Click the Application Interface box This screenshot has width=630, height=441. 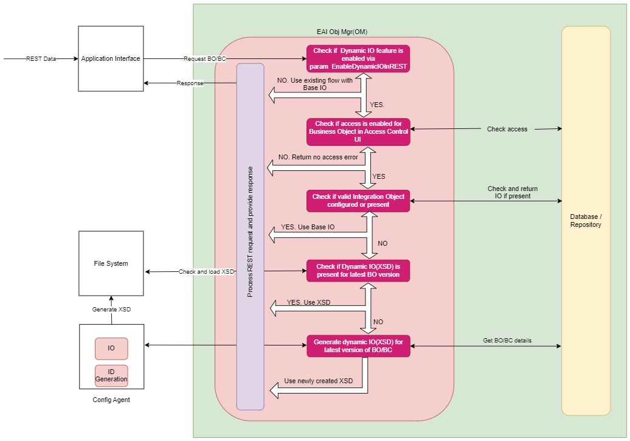click(x=111, y=58)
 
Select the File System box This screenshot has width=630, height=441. click(x=111, y=263)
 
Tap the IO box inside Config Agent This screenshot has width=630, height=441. click(x=111, y=349)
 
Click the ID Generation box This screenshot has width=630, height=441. click(x=111, y=375)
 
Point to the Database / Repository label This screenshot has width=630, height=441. click(x=586, y=221)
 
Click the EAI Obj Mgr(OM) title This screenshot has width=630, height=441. click(x=338, y=32)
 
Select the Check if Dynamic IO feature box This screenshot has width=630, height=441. click(x=358, y=58)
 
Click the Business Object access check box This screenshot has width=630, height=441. click(x=358, y=131)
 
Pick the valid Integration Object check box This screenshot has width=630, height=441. click(x=358, y=201)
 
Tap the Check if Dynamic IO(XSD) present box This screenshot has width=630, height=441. click(x=358, y=270)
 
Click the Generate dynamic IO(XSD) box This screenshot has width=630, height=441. click(x=358, y=345)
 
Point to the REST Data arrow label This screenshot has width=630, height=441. click(x=41, y=59)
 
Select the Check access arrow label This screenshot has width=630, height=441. click(x=507, y=129)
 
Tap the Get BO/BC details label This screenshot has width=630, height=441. click(x=507, y=340)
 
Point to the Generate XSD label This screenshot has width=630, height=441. click(x=111, y=309)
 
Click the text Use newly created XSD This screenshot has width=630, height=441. click(x=318, y=381)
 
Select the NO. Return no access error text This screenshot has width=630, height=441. click(x=318, y=157)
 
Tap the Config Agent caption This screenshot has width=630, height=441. click(x=111, y=400)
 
